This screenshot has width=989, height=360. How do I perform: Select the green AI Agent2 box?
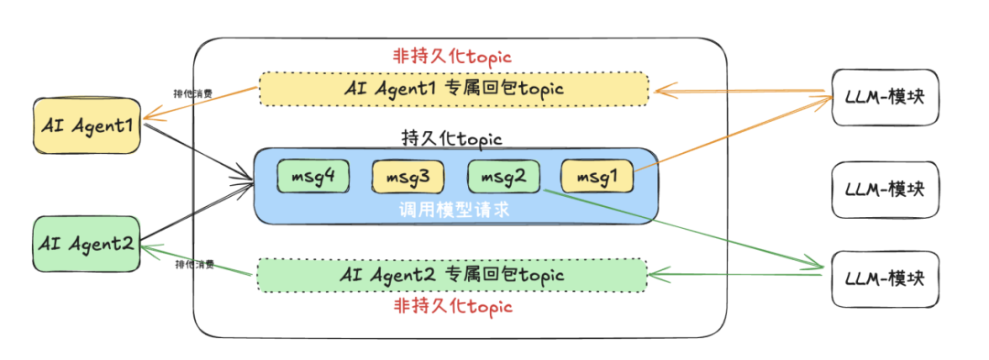(86, 243)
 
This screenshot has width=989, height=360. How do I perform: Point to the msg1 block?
(596, 177)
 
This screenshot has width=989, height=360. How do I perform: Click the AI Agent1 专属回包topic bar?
(453, 89)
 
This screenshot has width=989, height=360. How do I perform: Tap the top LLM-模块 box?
(886, 96)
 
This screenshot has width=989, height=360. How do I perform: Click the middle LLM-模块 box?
(886, 191)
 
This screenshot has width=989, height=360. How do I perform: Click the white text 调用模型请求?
(453, 210)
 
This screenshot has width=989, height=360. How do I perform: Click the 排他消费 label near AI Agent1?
(193, 93)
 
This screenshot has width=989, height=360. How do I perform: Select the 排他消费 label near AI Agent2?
(194, 265)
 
